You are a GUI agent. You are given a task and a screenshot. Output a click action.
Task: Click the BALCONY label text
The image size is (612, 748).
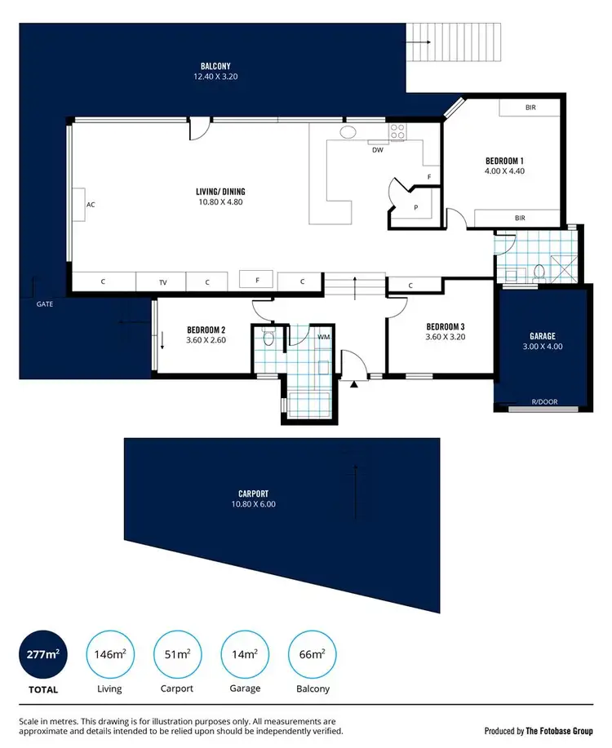[215, 66]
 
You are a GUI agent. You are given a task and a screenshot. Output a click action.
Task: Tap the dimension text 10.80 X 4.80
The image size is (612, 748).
[220, 201]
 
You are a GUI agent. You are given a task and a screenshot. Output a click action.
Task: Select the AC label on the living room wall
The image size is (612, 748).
[91, 205]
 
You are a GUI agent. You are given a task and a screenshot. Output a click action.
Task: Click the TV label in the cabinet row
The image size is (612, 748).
[162, 282]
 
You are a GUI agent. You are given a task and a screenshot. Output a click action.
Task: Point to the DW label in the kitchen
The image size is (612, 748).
[377, 150]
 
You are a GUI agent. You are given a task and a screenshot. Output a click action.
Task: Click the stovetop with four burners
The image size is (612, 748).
[397, 131]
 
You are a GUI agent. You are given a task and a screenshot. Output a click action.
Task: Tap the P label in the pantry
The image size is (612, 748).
[415, 207]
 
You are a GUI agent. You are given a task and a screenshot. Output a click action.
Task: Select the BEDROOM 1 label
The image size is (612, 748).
[504, 161]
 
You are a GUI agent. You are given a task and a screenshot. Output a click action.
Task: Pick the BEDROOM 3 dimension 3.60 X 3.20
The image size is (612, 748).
[445, 336]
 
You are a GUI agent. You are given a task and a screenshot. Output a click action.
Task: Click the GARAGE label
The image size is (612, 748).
[542, 336]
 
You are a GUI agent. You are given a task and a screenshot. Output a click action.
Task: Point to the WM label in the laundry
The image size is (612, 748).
[324, 336]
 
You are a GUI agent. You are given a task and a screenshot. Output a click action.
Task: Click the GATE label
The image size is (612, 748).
[45, 303]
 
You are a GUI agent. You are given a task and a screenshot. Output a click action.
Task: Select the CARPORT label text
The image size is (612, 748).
[254, 494]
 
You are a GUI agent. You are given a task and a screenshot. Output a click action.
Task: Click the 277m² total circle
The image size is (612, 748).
[43, 653]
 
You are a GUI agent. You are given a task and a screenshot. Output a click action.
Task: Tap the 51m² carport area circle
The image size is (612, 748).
[178, 653]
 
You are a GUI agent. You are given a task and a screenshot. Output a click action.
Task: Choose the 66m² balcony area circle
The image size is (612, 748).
[313, 653]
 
